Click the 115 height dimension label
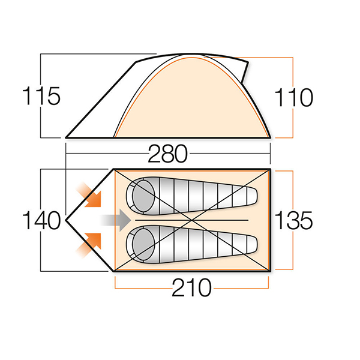click(41, 96)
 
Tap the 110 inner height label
click(293, 98)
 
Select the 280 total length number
click(168, 154)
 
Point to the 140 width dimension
click(41, 220)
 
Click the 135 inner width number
click(293, 220)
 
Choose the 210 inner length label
click(191, 287)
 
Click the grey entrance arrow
click(115, 220)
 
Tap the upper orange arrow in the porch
click(89, 194)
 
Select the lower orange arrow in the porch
click(89, 245)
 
